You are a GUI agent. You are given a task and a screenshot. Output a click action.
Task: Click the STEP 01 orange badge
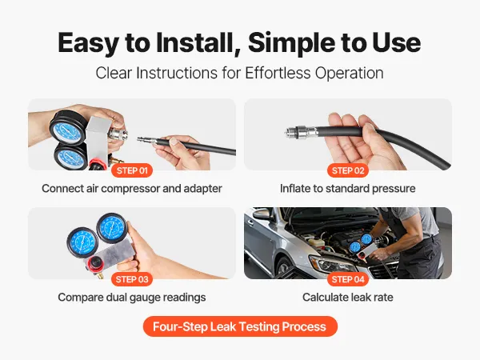click(132, 170)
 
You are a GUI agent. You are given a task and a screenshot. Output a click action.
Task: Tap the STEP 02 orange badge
click(348, 170)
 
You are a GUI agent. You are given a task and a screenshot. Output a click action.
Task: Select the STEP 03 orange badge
click(132, 279)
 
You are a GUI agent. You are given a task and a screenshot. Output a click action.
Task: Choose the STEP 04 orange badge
click(348, 279)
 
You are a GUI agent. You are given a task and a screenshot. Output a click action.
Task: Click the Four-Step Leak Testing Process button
click(240, 326)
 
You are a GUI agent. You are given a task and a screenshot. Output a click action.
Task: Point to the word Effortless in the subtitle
click(278, 73)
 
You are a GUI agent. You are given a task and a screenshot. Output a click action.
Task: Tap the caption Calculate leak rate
click(348, 298)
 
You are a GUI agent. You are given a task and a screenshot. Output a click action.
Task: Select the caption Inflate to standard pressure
click(348, 189)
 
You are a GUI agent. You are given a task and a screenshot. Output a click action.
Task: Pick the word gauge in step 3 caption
click(145, 298)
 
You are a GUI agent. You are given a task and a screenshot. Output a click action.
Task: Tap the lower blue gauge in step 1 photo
click(71, 157)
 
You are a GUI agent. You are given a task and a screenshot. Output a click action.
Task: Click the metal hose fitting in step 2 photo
click(301, 132)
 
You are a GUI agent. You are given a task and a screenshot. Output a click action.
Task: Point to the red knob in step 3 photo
click(95, 263)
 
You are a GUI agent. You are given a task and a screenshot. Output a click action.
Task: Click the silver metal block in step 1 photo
click(98, 139)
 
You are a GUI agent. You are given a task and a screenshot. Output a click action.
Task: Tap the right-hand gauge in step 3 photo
click(112, 228)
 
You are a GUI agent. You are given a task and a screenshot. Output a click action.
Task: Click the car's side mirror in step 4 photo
click(261, 214)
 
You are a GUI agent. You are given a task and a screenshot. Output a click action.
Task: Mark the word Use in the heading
click(397, 42)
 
